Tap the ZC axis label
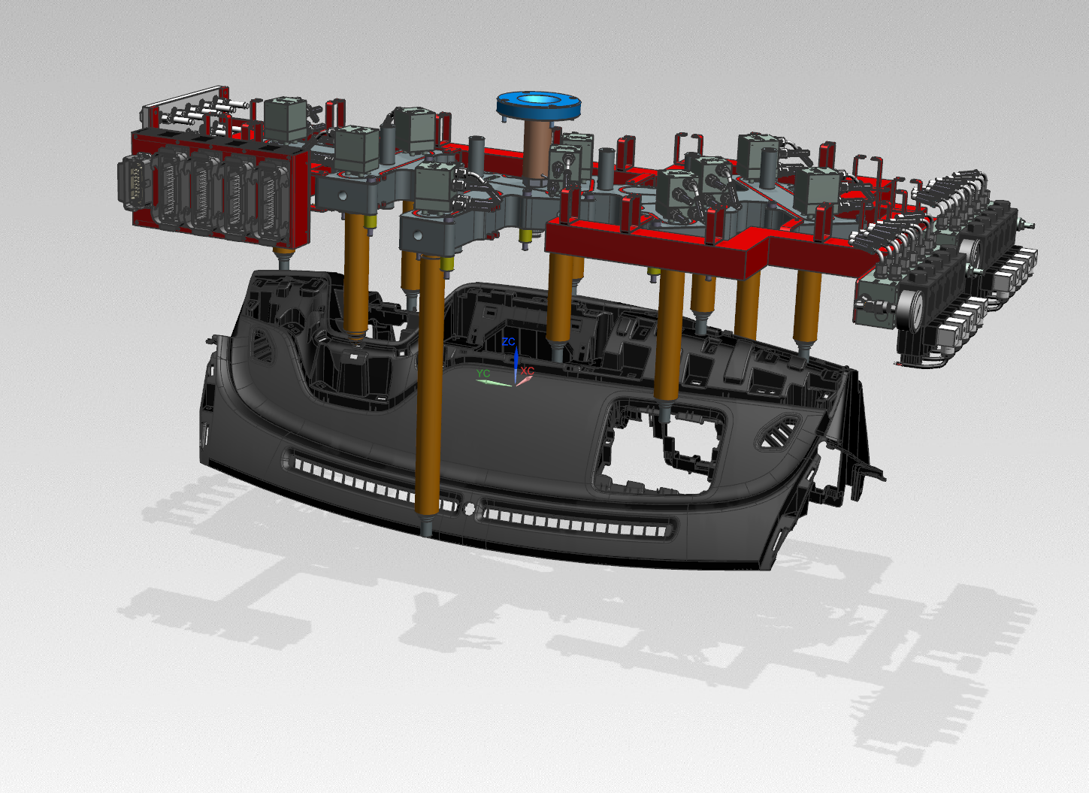(x=509, y=342)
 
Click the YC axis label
(x=482, y=373)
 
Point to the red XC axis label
(x=528, y=371)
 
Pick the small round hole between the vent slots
(x=470, y=509)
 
